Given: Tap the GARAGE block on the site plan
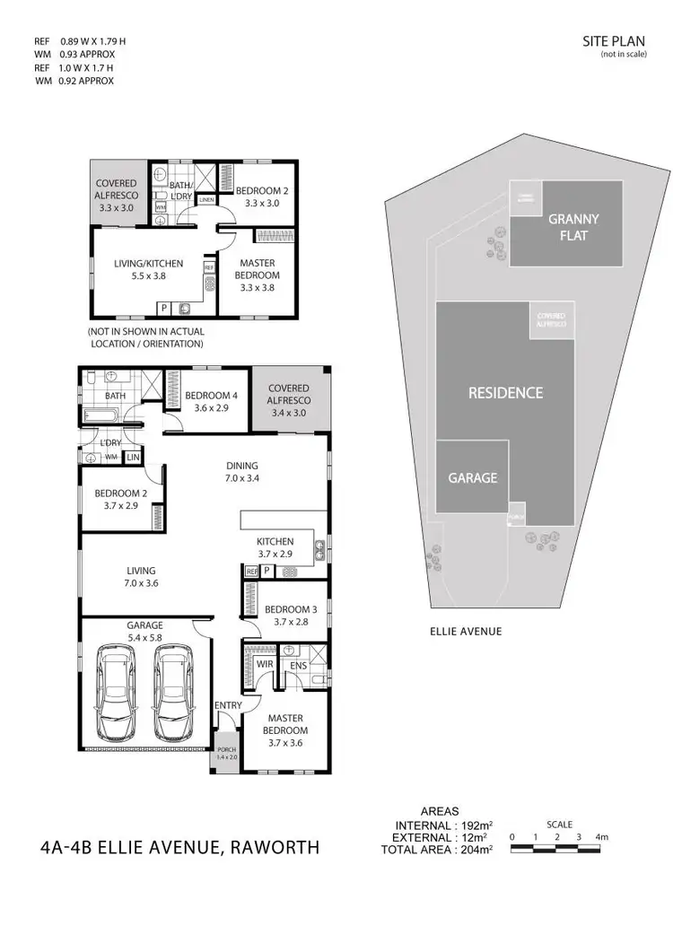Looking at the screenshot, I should point(472,477).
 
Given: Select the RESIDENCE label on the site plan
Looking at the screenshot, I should point(505,392).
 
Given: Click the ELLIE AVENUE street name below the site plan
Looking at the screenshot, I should point(466,632).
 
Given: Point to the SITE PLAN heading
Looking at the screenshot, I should point(607,41).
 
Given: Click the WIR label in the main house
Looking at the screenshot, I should point(266,665).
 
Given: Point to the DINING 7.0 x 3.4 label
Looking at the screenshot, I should point(241,472).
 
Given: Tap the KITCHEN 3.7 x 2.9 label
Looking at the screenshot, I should point(275,547).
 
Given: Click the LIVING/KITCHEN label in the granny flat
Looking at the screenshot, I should point(148,269).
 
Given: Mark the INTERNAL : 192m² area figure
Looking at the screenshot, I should point(439,825).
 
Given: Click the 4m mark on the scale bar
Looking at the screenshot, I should point(602,837).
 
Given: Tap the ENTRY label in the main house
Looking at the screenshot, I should point(228,705).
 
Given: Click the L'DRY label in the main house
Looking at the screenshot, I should point(111,443).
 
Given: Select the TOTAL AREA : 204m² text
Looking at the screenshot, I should point(440,848).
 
